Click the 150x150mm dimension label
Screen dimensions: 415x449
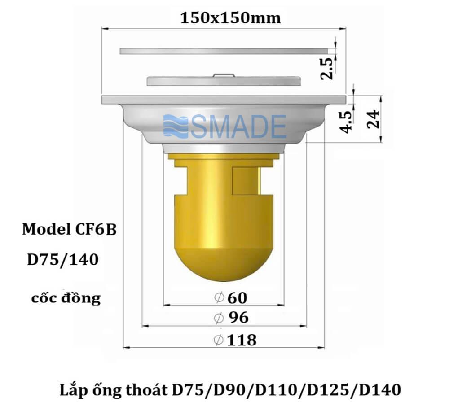tap(230, 18)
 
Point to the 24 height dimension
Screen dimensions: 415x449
tap(373, 119)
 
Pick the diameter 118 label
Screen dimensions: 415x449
tap(235, 340)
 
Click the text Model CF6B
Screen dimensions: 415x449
tap(70, 230)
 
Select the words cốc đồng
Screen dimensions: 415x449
tap(66, 298)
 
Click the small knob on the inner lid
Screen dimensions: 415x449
tap(224, 75)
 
